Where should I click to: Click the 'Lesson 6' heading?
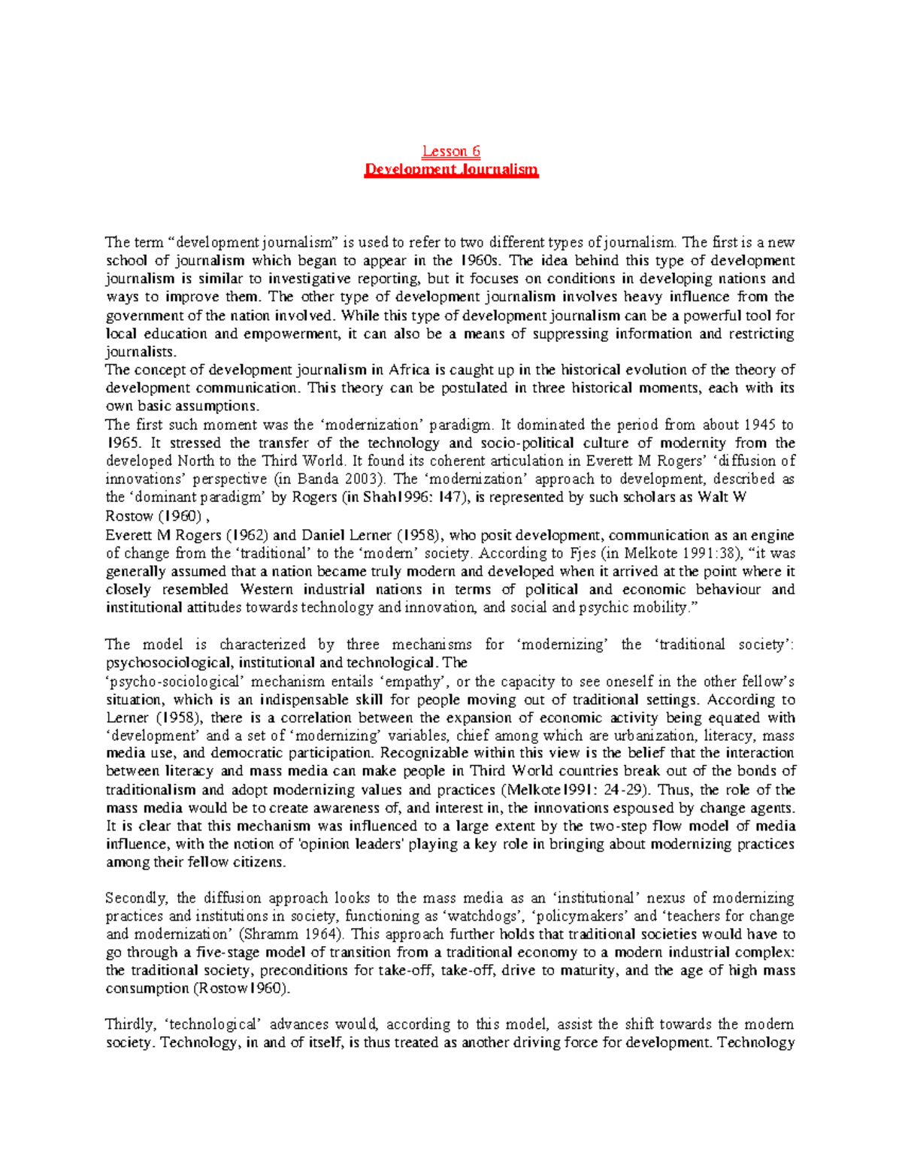point(451,151)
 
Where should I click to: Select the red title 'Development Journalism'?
point(451,170)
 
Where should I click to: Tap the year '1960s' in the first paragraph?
point(476,261)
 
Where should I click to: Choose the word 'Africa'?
point(409,370)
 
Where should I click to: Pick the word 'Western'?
point(268,589)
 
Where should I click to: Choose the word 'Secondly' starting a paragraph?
point(138,898)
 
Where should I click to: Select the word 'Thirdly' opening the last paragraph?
point(131,1024)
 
